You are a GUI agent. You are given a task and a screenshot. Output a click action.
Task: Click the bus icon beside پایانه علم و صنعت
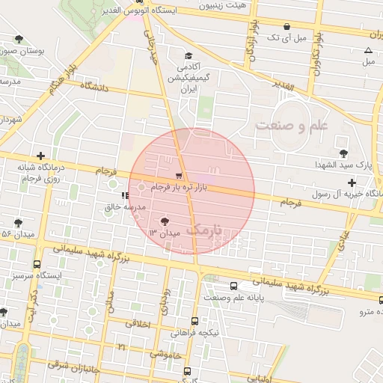point(234,286)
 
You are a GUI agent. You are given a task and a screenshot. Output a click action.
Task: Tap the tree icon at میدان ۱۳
point(164,221)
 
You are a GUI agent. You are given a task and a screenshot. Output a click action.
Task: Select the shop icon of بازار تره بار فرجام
point(178,176)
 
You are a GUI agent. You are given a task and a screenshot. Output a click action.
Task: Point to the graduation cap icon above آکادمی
point(189,56)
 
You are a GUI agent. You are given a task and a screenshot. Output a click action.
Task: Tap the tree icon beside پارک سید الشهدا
point(343,153)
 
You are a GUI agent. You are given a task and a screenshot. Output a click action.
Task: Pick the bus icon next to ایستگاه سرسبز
point(37,264)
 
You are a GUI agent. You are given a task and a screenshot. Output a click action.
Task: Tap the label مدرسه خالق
point(117,209)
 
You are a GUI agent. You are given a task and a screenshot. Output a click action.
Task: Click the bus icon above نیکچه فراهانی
point(195,321)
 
